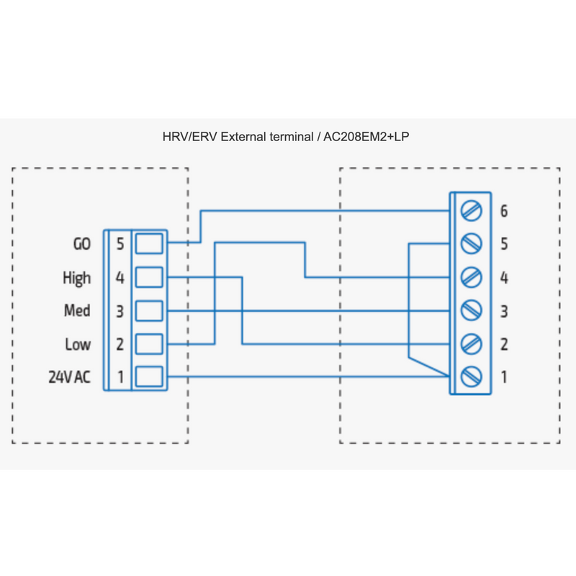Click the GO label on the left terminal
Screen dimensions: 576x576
[x=82, y=244]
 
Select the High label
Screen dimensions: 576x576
[x=77, y=278]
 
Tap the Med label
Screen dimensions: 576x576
[x=77, y=311]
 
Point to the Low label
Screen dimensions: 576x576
[x=78, y=345]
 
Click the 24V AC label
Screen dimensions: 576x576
[x=69, y=377]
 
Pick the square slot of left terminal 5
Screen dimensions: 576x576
[x=149, y=243]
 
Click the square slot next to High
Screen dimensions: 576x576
[x=149, y=277]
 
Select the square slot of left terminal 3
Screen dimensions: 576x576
[x=149, y=311]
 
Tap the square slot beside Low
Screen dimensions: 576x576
[x=149, y=344]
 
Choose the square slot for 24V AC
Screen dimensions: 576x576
[x=149, y=377]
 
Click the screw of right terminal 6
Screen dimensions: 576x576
[x=472, y=211]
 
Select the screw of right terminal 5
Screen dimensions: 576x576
[x=472, y=243]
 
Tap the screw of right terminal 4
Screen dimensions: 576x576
[x=472, y=277]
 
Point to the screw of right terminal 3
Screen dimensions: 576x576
[x=472, y=311]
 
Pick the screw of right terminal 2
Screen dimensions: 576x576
[x=472, y=344]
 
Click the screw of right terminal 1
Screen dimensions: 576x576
[x=472, y=377]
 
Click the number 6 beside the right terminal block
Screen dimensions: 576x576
[x=504, y=211]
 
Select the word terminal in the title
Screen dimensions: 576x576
[x=292, y=137]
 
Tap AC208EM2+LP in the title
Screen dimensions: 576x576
[x=366, y=137]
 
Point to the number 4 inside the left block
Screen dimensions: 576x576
[x=120, y=278]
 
